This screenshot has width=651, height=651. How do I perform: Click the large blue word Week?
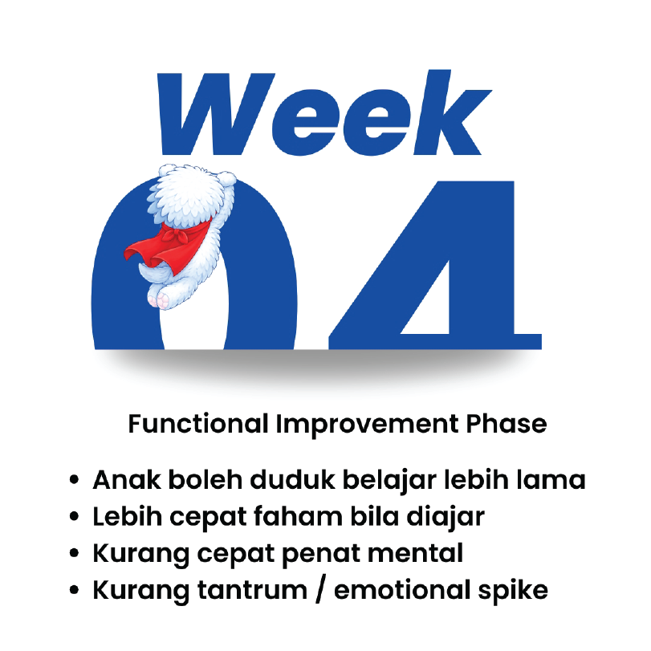(323, 113)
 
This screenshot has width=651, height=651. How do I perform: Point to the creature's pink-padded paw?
(160, 298)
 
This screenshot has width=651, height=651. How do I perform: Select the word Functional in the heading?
(198, 424)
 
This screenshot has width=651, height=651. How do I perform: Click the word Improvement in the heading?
(368, 425)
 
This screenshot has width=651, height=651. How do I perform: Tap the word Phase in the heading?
(507, 424)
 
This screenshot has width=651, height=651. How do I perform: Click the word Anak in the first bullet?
(127, 480)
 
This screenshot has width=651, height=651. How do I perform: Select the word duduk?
(292, 480)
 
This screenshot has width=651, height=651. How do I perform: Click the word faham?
(298, 516)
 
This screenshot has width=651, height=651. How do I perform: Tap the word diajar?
(446, 518)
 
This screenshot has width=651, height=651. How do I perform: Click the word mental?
(415, 553)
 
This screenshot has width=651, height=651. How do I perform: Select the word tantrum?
(252, 590)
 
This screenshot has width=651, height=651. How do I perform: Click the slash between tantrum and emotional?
(320, 590)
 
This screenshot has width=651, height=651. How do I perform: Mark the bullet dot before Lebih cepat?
(75, 517)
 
